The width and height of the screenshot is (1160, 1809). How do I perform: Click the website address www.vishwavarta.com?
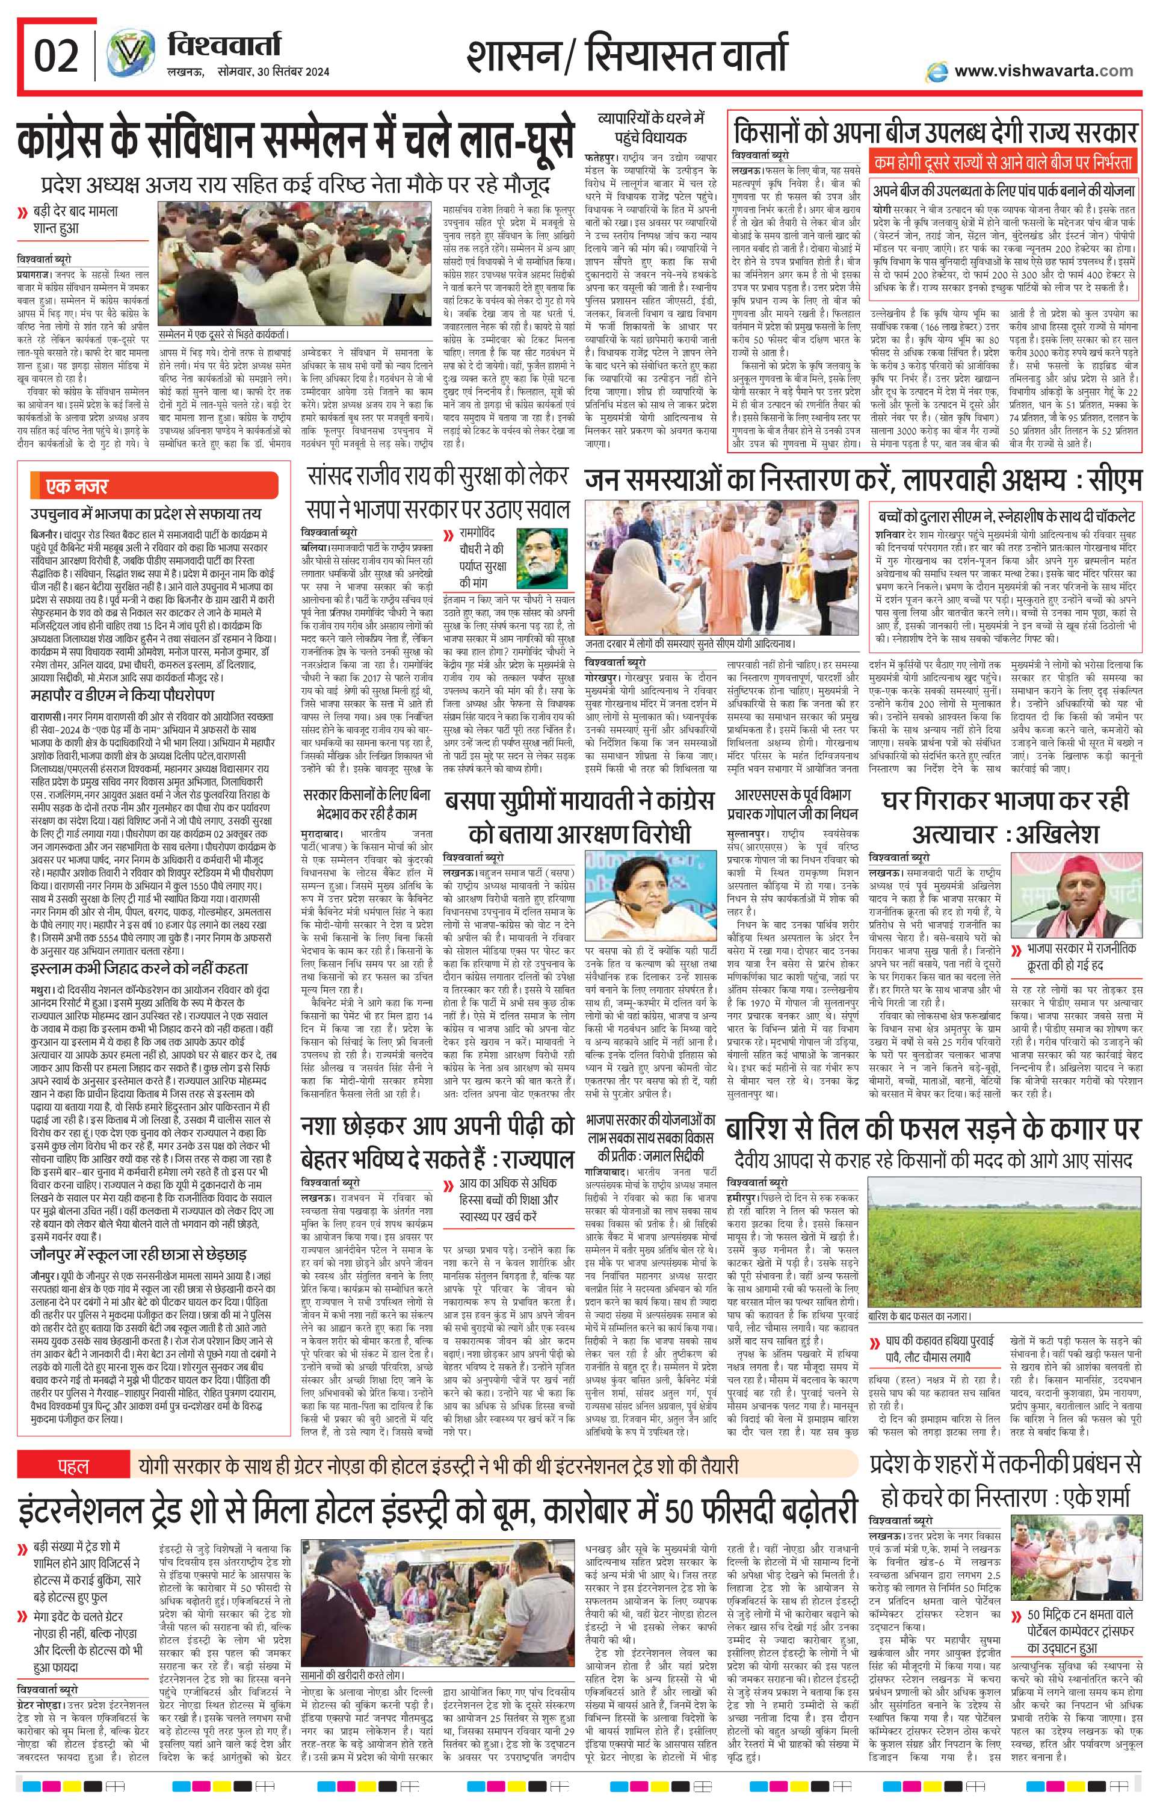[1043, 71]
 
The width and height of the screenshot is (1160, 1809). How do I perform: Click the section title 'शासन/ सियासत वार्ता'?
[627, 56]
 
